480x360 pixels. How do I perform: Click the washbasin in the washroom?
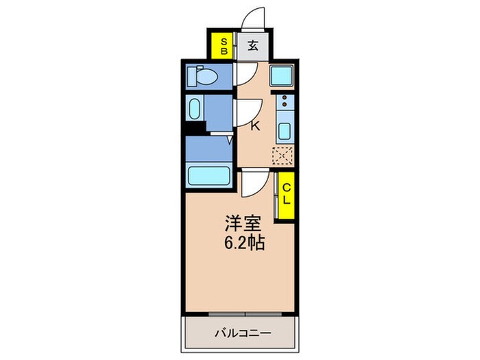(195, 110)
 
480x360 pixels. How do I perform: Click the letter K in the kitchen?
(255, 125)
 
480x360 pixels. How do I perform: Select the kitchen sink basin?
(283, 130)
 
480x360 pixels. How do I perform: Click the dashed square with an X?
(283, 155)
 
